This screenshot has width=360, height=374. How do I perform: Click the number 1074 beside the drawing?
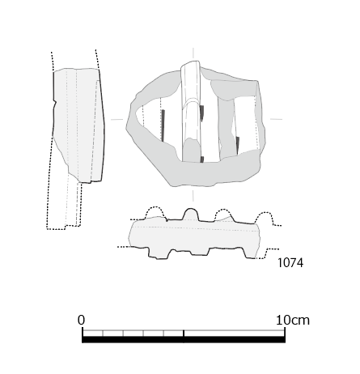click(290, 263)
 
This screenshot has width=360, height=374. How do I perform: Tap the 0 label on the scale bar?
click(81, 320)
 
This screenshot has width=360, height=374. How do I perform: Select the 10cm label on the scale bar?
click(293, 321)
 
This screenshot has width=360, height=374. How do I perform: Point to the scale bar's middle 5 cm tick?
click(184, 334)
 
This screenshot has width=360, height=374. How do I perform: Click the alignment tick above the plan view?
click(193, 53)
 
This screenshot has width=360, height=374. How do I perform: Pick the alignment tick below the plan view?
click(193, 196)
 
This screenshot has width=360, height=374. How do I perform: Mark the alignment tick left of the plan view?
click(117, 119)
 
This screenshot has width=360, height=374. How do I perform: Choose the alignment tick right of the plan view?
click(276, 119)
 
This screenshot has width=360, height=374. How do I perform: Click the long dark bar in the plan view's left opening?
click(163, 125)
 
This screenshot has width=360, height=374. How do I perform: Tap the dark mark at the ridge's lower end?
click(202, 159)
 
